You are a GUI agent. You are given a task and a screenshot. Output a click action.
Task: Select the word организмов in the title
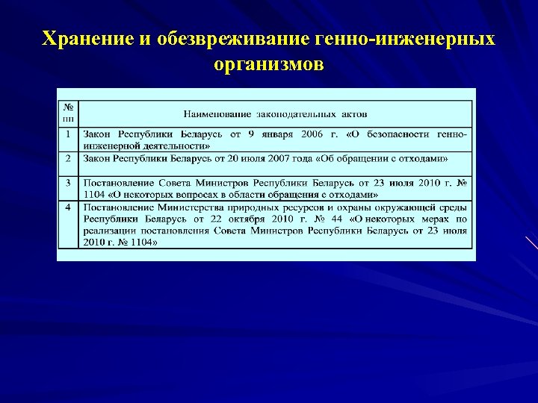[269, 63]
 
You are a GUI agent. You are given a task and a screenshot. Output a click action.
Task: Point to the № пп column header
[68, 113]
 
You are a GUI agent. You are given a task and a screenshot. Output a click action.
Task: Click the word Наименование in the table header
[217, 113]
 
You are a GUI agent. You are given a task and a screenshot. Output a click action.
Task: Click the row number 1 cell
[68, 134]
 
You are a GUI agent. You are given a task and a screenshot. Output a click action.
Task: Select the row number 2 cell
[68, 158]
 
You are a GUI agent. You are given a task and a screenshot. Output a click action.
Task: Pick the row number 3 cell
[68, 182]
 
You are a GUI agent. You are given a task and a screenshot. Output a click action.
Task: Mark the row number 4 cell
[68, 206]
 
